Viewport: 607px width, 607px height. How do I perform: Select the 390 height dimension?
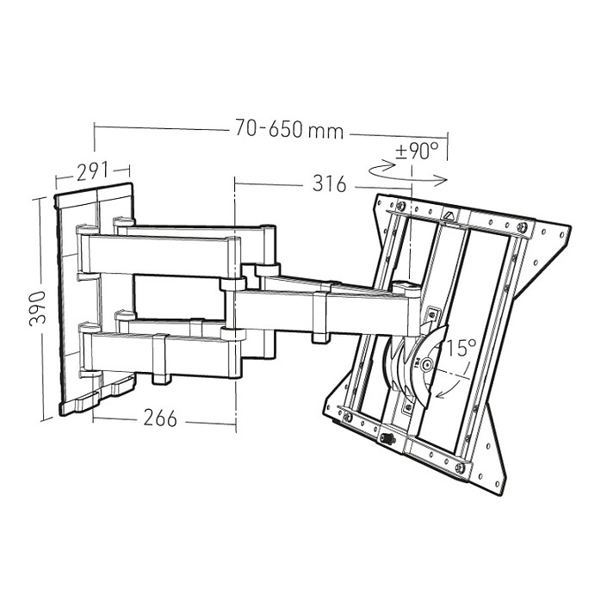(x=38, y=308)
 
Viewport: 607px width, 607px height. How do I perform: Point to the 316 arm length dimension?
(x=330, y=183)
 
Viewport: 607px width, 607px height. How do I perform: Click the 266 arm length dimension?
(x=160, y=418)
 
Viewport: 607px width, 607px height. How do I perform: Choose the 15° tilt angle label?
(x=461, y=348)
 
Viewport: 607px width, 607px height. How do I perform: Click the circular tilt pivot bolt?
(x=427, y=364)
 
